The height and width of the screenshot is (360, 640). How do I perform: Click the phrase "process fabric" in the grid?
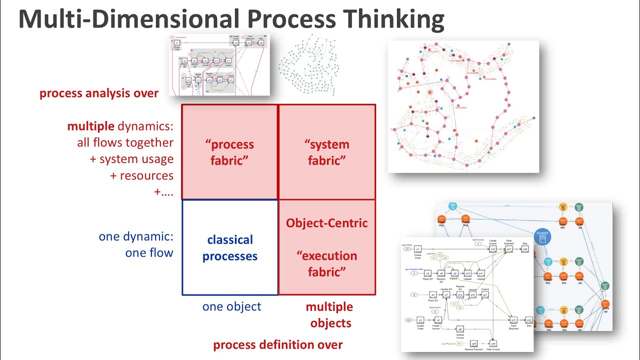(229, 152)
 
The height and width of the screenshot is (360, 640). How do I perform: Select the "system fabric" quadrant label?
(327, 152)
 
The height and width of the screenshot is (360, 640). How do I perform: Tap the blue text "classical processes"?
(230, 248)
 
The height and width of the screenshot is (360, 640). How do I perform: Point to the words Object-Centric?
(326, 223)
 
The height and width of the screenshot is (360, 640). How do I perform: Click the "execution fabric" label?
(326, 263)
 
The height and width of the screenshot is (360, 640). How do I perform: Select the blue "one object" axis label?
(231, 306)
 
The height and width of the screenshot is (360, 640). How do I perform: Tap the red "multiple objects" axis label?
(329, 314)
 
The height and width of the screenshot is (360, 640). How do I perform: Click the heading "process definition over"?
(278, 344)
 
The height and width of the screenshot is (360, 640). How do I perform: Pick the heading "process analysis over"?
(99, 93)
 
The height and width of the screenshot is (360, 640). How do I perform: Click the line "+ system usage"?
(136, 159)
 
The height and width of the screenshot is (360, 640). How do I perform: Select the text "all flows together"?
(125, 143)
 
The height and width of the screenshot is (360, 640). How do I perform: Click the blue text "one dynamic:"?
(136, 236)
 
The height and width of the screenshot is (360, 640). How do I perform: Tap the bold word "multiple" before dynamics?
(90, 126)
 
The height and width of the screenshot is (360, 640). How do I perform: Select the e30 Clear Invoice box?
(493, 343)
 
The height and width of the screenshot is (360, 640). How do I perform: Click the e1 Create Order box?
(418, 249)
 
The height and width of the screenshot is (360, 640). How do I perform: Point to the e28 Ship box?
(525, 248)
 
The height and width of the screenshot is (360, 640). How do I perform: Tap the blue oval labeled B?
(414, 295)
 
